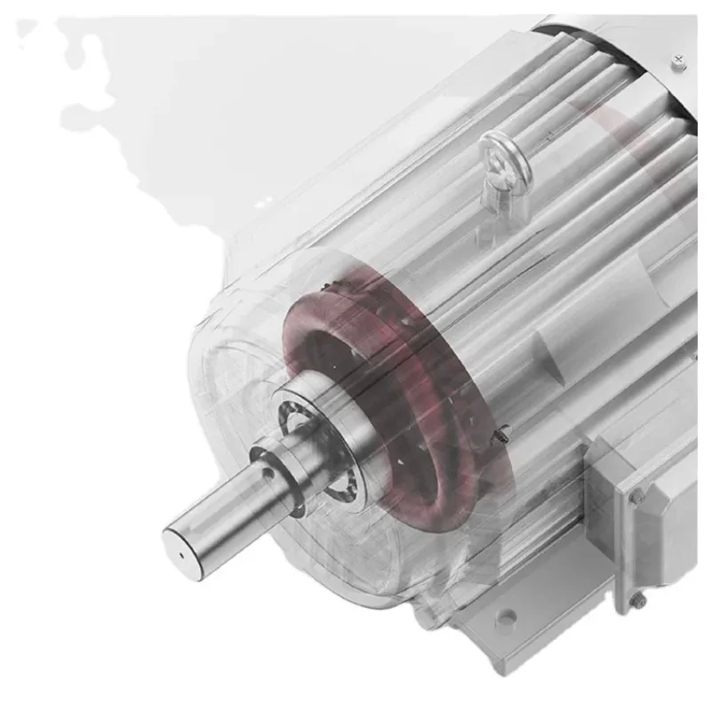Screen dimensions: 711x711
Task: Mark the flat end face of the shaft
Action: click(182, 547)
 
